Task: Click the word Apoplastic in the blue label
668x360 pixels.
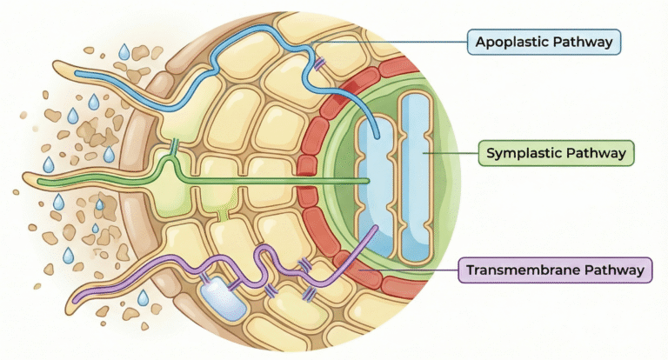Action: [x=506, y=41]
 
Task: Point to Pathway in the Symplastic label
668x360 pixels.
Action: [x=597, y=154]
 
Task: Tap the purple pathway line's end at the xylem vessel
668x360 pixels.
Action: [x=375, y=228]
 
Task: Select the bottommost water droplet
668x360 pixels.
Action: [x=144, y=298]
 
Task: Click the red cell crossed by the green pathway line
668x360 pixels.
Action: [x=308, y=182]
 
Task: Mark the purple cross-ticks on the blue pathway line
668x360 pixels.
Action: [x=321, y=63]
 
